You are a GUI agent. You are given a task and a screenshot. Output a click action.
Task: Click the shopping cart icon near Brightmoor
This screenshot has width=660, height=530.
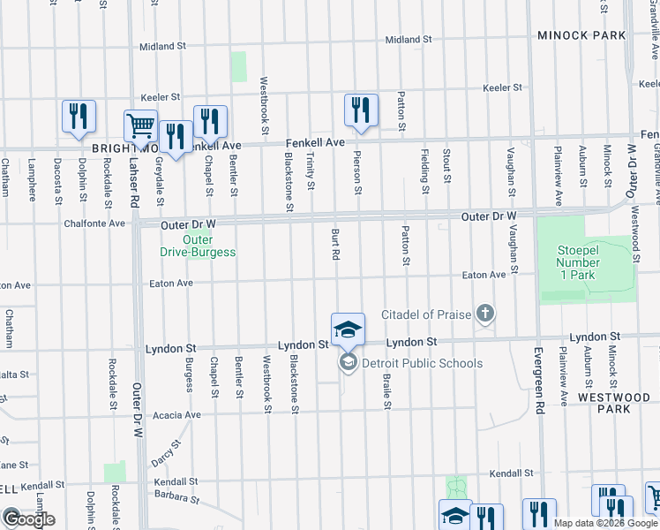pyautogui.click(x=140, y=127)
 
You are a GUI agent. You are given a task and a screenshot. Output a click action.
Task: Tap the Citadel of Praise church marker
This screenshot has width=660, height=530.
pyautogui.click(x=484, y=314)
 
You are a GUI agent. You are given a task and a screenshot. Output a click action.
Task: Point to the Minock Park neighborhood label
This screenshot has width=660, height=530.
pyautogui.click(x=582, y=35)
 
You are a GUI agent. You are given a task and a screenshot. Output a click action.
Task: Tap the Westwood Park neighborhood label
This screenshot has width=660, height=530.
pyautogui.click(x=618, y=403)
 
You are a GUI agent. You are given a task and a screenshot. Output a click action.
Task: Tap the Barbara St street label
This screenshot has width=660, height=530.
pyautogui.click(x=175, y=498)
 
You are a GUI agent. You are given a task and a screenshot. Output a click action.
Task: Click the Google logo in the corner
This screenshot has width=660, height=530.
pyautogui.click(x=28, y=519)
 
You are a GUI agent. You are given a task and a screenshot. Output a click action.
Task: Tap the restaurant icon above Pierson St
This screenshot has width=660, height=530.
pyautogui.click(x=361, y=110)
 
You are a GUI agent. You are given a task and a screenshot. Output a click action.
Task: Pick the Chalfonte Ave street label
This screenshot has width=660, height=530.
pyautogui.click(x=94, y=223)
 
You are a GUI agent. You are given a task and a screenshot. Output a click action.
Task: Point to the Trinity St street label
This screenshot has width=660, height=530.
pyautogui.click(x=311, y=169)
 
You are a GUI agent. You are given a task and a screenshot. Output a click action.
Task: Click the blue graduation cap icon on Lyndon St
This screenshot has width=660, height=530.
pyautogui.click(x=348, y=329)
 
